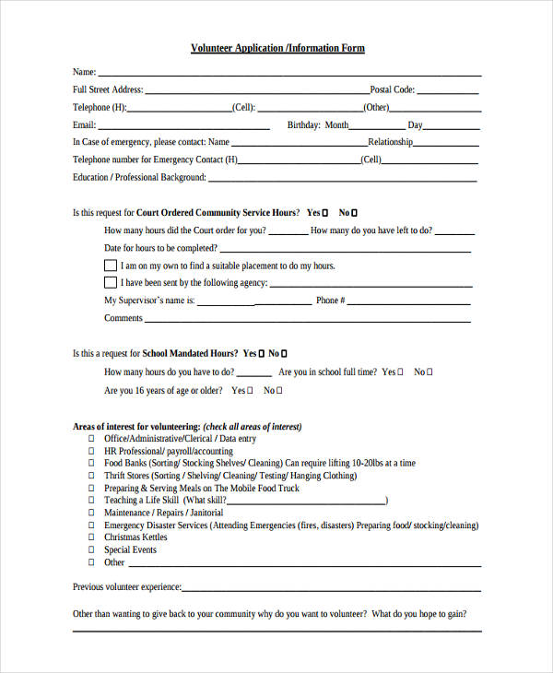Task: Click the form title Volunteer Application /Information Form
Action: click(x=277, y=48)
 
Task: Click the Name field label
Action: click(x=84, y=72)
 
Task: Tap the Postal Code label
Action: click(x=393, y=90)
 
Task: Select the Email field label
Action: click(x=84, y=125)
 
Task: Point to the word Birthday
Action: click(x=303, y=125)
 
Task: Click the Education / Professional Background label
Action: click(x=139, y=178)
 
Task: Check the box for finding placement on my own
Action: click(x=111, y=266)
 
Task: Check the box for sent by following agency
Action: click(x=111, y=283)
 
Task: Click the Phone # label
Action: click(x=330, y=301)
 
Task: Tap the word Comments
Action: click(x=124, y=318)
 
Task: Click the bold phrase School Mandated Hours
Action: click(x=191, y=353)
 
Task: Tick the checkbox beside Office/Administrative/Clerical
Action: click(x=91, y=440)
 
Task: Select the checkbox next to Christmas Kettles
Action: click(x=91, y=537)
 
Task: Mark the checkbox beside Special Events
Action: click(x=91, y=550)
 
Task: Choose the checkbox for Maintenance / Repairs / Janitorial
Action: click(x=91, y=513)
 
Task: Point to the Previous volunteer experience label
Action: click(x=127, y=587)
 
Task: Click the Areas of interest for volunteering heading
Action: click(x=136, y=427)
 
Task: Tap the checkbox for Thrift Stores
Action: click(x=91, y=476)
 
